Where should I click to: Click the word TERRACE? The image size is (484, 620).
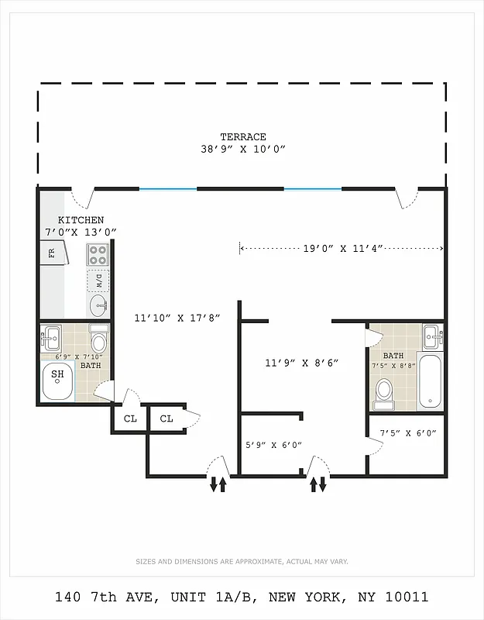(x=242, y=136)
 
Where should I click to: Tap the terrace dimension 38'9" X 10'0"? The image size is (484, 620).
(x=242, y=150)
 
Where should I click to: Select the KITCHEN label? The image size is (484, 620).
(x=80, y=220)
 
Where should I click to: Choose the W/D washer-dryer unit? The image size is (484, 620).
(x=98, y=279)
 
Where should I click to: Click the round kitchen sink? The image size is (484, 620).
(x=98, y=305)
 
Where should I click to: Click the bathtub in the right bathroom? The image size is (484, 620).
(x=430, y=381)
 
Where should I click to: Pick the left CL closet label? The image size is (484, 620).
(x=130, y=419)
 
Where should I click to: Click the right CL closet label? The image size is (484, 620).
(x=166, y=419)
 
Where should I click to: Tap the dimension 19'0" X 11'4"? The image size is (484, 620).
(x=340, y=249)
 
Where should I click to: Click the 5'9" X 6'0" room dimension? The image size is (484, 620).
(x=273, y=445)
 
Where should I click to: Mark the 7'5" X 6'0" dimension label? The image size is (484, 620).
(x=407, y=432)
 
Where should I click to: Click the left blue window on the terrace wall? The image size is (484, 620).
(x=167, y=188)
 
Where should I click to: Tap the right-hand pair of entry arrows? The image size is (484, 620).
(x=318, y=485)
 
